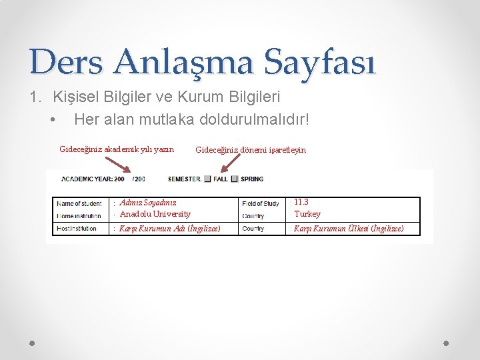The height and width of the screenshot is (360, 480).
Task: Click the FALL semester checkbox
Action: point(207,179)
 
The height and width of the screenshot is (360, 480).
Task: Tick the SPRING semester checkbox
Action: point(235,179)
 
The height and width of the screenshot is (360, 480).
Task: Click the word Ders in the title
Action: point(66,62)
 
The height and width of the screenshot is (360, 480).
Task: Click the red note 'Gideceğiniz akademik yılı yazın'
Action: point(117,149)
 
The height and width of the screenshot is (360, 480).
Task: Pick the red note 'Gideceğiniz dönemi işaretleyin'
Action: point(251,150)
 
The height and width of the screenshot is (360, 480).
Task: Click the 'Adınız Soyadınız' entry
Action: point(148,203)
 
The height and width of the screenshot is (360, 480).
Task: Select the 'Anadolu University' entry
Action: point(155,214)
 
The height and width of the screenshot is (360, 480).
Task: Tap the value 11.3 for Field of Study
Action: point(301,202)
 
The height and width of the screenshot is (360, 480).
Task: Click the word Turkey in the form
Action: point(307,214)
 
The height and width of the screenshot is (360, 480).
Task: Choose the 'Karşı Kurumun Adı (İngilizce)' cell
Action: point(169,229)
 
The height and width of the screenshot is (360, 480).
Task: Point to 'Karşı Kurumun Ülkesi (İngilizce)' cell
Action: point(349,229)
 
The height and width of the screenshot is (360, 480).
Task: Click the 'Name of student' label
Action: point(79,203)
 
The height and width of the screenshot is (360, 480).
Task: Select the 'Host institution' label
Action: point(77,229)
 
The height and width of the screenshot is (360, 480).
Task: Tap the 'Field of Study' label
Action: point(261,203)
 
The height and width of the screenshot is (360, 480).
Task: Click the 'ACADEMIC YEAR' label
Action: point(87,179)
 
